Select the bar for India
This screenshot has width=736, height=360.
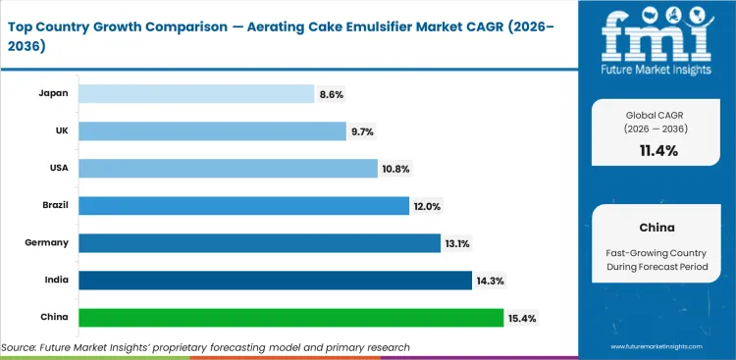pyautogui.click(x=275, y=281)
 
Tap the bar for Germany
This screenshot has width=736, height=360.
pyautogui.click(x=259, y=243)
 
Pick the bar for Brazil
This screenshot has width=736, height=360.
pyautogui.click(x=243, y=206)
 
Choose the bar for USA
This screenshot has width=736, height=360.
pyautogui.click(x=228, y=169)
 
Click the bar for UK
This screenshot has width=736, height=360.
pyautogui.click(x=213, y=130)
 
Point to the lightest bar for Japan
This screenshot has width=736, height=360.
pyautogui.click(x=196, y=93)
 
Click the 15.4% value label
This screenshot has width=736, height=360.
pyautogui.click(x=522, y=318)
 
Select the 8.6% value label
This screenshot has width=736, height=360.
pyautogui.click(x=332, y=93)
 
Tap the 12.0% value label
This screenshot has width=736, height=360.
pyautogui.click(x=428, y=206)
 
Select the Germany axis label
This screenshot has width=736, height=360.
pyautogui.click(x=47, y=243)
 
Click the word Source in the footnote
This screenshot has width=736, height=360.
pyautogui.click(x=20, y=347)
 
